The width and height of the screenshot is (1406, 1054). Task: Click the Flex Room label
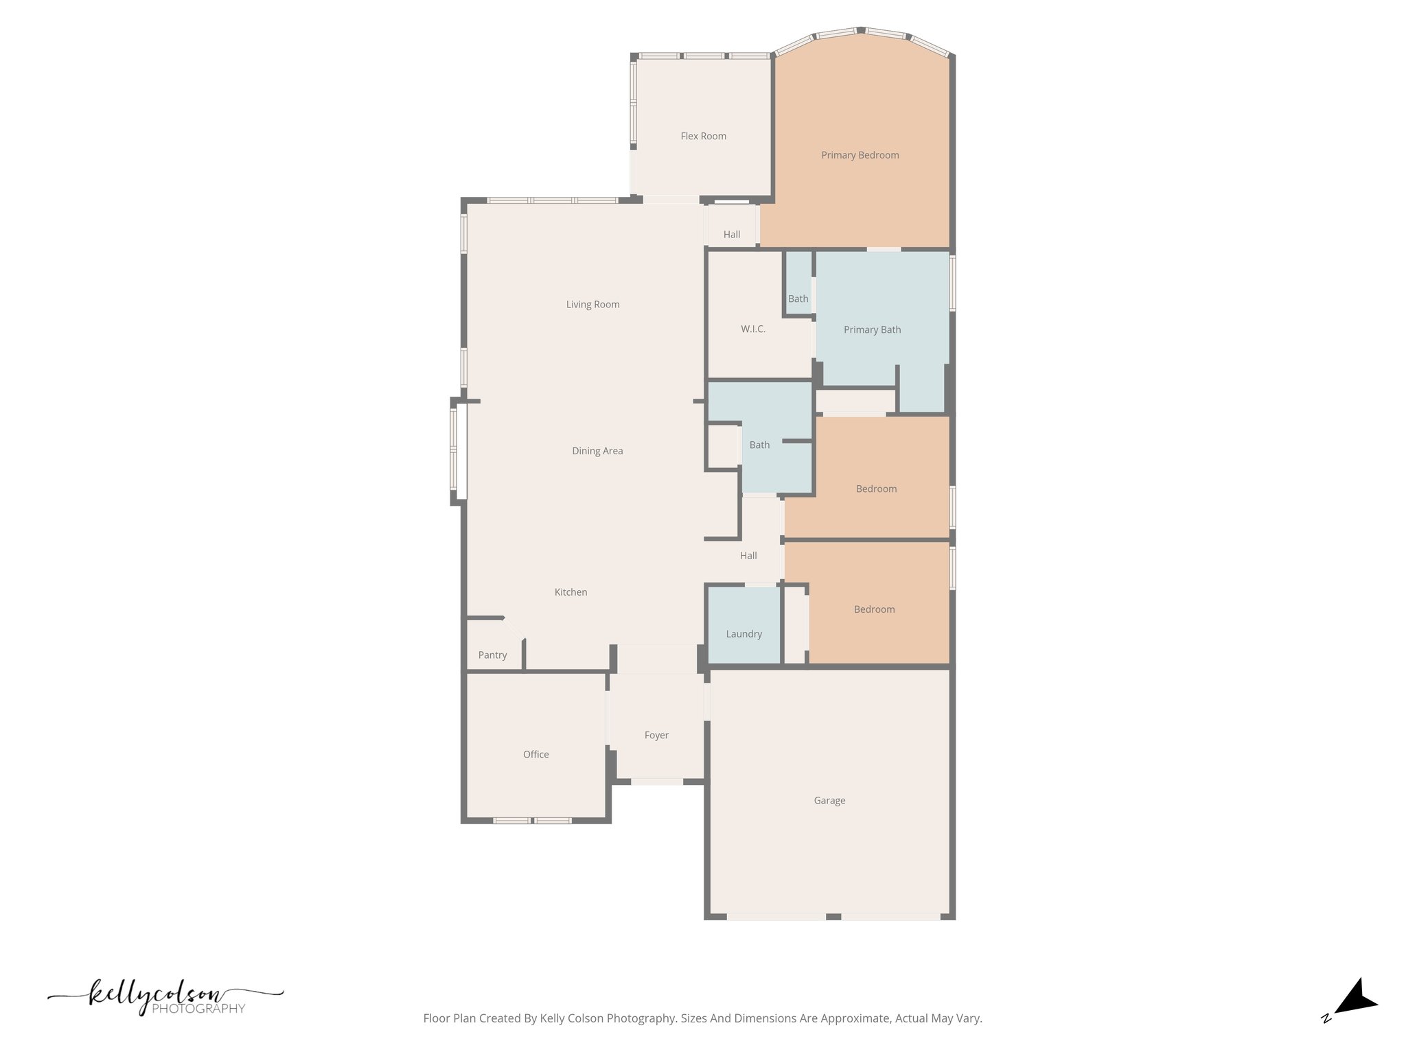pyautogui.click(x=703, y=136)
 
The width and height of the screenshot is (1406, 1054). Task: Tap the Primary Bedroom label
pyautogui.click(x=860, y=155)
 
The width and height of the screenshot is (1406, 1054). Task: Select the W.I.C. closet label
pyautogui.click(x=752, y=329)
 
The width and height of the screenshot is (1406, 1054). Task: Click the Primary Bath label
pyautogui.click(x=872, y=329)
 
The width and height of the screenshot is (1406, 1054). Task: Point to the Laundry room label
pyautogui.click(x=744, y=634)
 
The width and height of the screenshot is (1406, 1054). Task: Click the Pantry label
pyautogui.click(x=492, y=655)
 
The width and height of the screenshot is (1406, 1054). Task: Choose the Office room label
pyautogui.click(x=535, y=754)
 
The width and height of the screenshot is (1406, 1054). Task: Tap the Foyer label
pyautogui.click(x=656, y=735)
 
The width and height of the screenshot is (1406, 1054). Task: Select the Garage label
pyautogui.click(x=829, y=800)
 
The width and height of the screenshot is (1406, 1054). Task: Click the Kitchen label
pyautogui.click(x=571, y=592)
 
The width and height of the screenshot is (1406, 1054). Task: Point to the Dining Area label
pyautogui.click(x=597, y=451)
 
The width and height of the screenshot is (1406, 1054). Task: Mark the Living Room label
pyautogui.click(x=592, y=305)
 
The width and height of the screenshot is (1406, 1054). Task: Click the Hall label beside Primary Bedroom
pyautogui.click(x=731, y=235)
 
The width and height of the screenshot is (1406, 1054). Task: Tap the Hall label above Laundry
pyautogui.click(x=748, y=556)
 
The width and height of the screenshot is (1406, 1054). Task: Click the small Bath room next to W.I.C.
pyautogui.click(x=798, y=298)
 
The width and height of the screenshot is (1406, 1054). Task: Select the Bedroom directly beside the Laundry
pyautogui.click(x=874, y=609)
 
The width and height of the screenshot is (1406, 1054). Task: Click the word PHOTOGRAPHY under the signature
pyautogui.click(x=198, y=1009)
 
